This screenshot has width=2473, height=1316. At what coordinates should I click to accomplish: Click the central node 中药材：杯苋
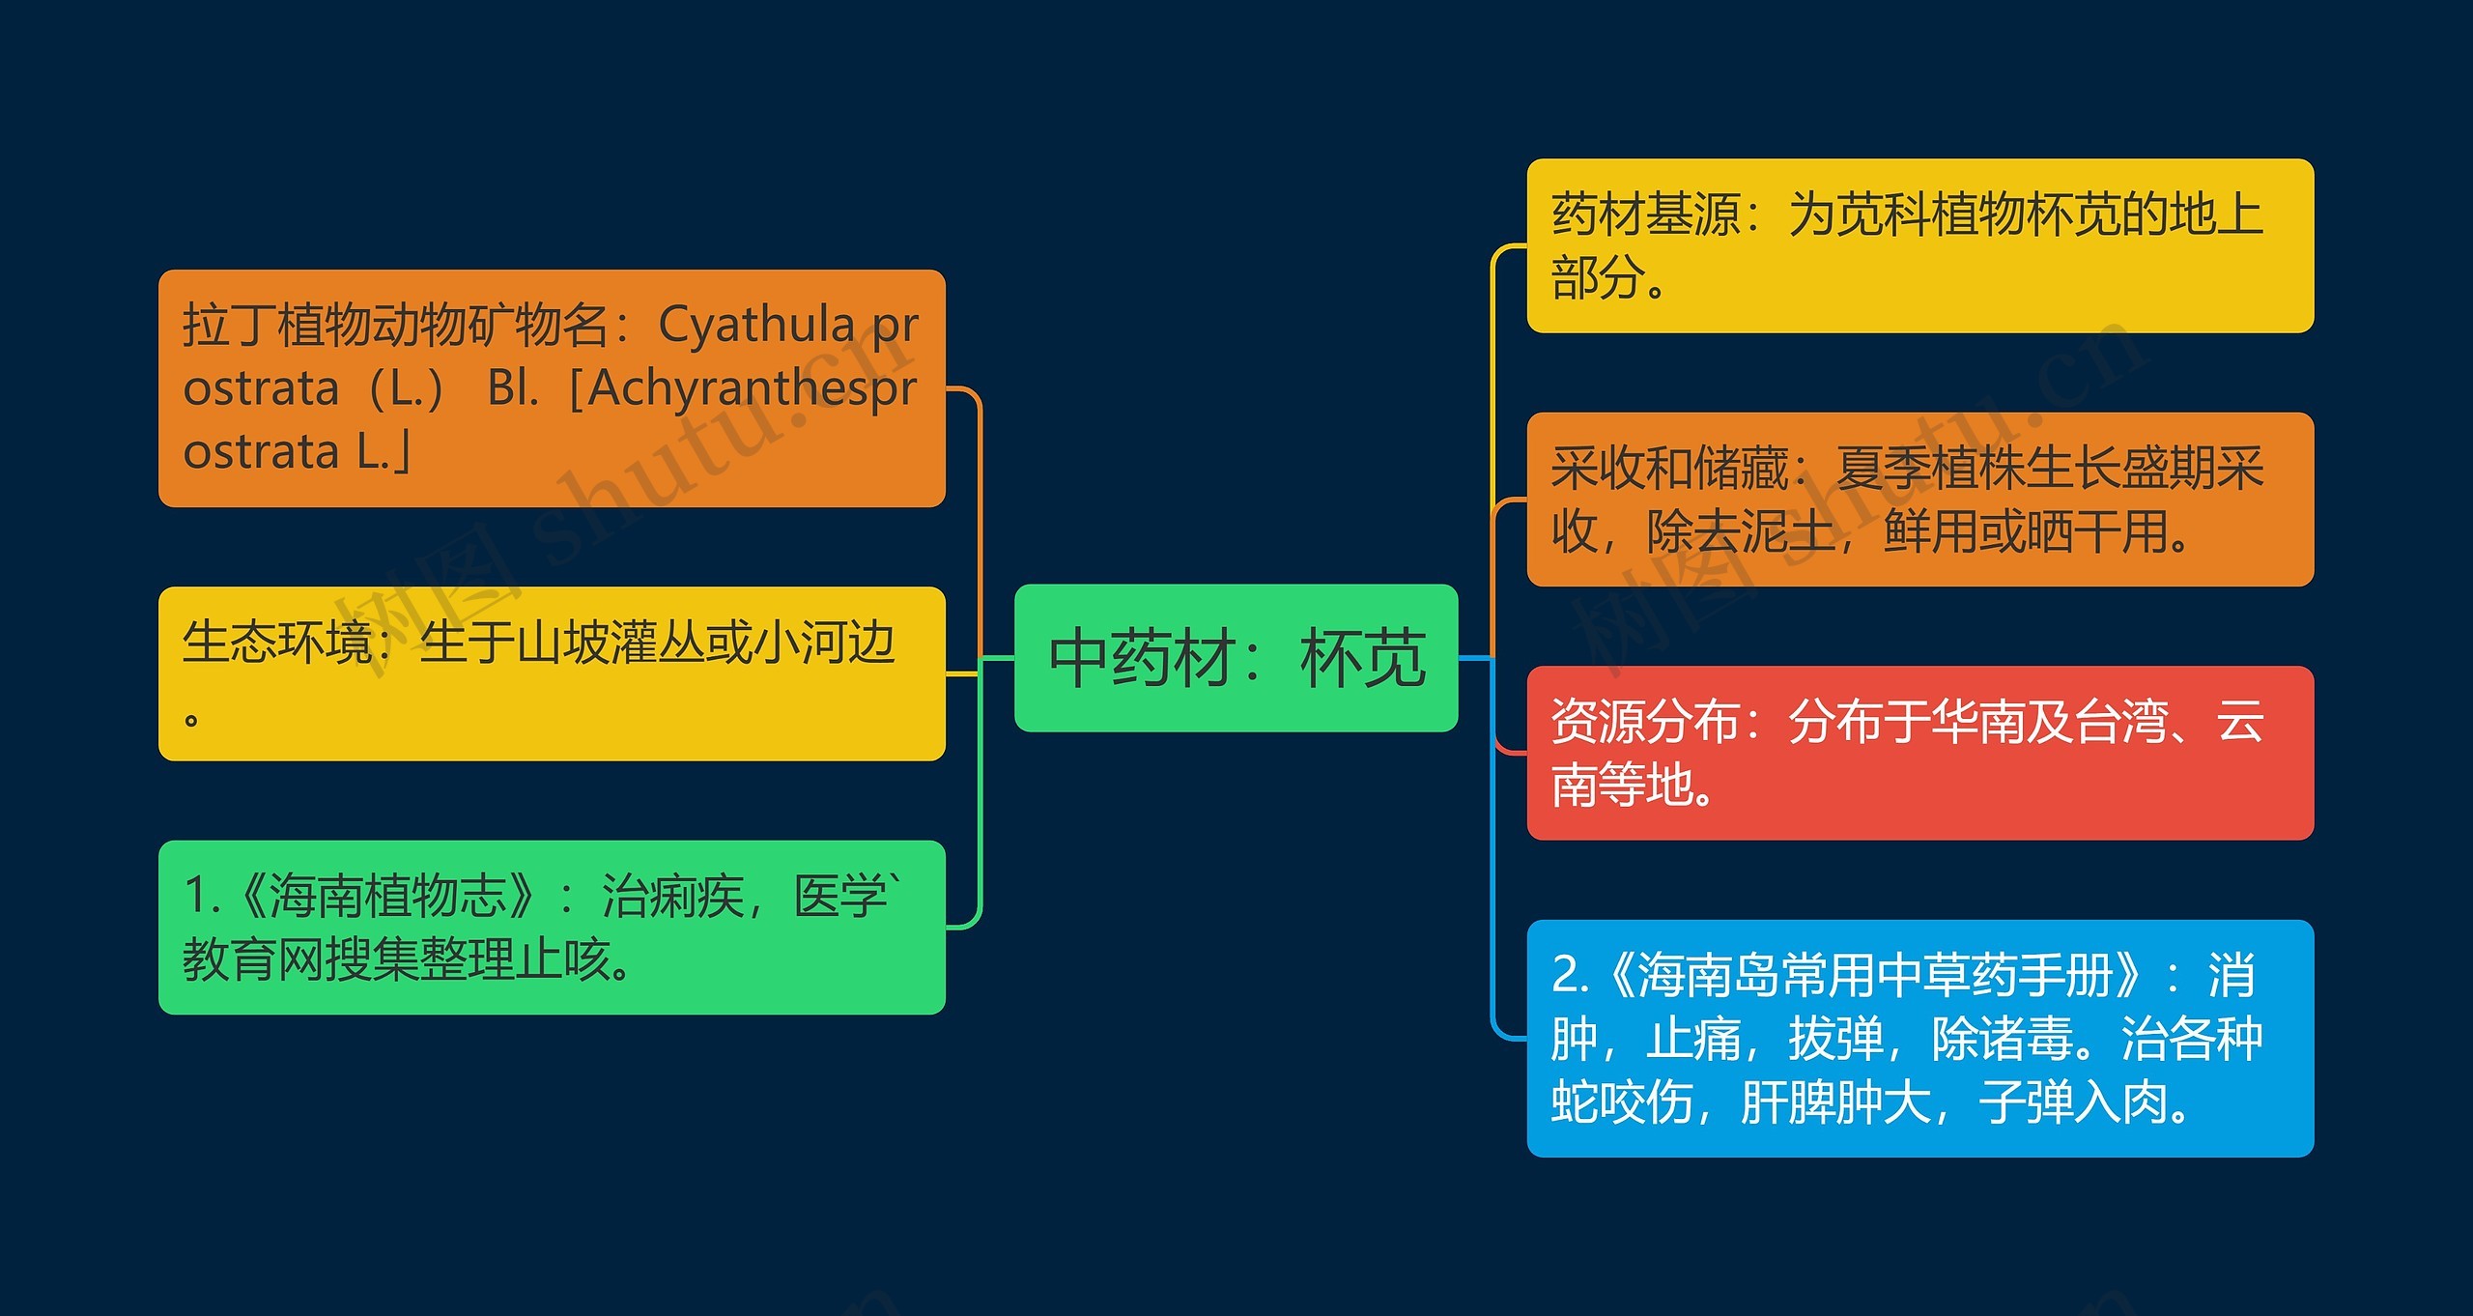pyautogui.click(x=1236, y=658)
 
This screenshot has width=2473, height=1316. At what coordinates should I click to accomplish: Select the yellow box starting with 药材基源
pyautogui.click(x=1919, y=245)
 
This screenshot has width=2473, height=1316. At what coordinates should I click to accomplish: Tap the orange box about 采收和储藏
pyautogui.click(x=1919, y=500)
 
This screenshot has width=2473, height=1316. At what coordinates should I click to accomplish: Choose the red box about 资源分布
pyautogui.click(x=1919, y=753)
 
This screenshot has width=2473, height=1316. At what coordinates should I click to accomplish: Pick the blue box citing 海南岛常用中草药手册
pyautogui.click(x=1919, y=1039)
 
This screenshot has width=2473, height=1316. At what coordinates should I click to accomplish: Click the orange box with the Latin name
pyautogui.click(x=552, y=388)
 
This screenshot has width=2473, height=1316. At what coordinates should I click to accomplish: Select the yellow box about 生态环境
pyautogui.click(x=552, y=673)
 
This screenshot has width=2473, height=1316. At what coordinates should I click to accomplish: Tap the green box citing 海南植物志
pyautogui.click(x=552, y=928)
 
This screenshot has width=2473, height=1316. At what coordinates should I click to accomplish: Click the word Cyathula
pyautogui.click(x=756, y=326)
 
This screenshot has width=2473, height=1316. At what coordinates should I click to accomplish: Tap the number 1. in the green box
pyautogui.click(x=202, y=895)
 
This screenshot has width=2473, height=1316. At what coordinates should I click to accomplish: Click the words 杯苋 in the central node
pyautogui.click(x=1363, y=658)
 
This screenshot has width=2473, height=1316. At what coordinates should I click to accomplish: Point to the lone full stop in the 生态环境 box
pyautogui.click(x=191, y=719)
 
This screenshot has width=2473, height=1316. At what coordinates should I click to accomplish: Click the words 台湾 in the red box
pyautogui.click(x=2121, y=721)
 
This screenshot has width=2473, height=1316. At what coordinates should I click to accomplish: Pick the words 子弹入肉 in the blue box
pyautogui.click(x=2073, y=1101)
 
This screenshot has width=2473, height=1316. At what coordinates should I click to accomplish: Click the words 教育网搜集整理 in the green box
pyautogui.click(x=348, y=959)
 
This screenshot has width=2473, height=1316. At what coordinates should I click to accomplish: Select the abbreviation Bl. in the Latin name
pyautogui.click(x=513, y=388)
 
